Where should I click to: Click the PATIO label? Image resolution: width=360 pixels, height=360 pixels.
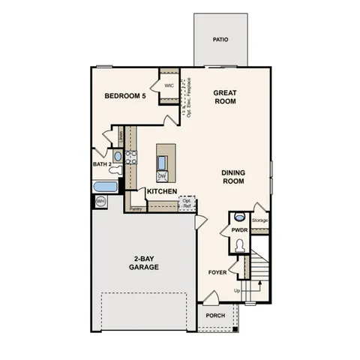point(220,40)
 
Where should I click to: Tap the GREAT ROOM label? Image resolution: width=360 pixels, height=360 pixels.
point(225,98)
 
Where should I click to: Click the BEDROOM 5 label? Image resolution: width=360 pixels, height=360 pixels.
point(124,96)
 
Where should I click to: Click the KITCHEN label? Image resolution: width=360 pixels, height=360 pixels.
point(161,192)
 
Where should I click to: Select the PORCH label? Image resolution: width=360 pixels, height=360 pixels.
point(214,316)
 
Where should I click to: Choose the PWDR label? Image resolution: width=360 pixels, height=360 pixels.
point(239,230)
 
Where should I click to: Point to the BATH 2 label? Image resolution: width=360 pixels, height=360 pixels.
point(102,163)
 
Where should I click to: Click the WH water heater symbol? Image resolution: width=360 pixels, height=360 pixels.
point(101,201)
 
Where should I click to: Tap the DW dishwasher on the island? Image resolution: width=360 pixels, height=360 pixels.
point(161,176)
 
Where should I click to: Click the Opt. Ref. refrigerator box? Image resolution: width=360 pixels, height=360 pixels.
point(187,202)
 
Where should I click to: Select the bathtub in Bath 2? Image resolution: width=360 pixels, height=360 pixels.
point(106,185)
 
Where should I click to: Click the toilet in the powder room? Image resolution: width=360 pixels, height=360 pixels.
point(239,245)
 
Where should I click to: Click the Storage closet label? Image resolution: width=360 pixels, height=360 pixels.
point(260,220)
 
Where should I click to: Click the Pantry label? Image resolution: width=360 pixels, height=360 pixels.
point(135,209)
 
